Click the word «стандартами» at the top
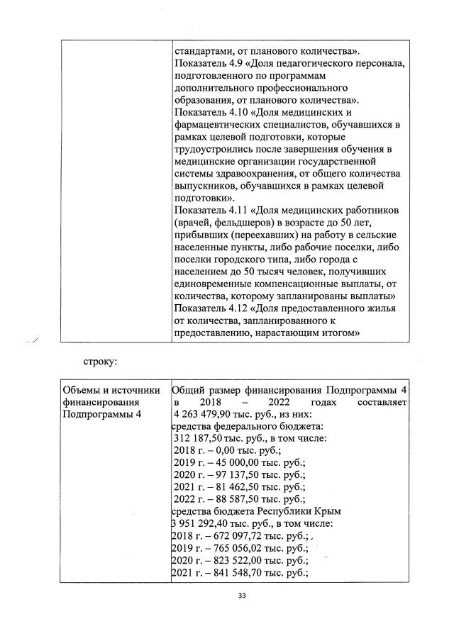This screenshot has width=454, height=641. [205, 50]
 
